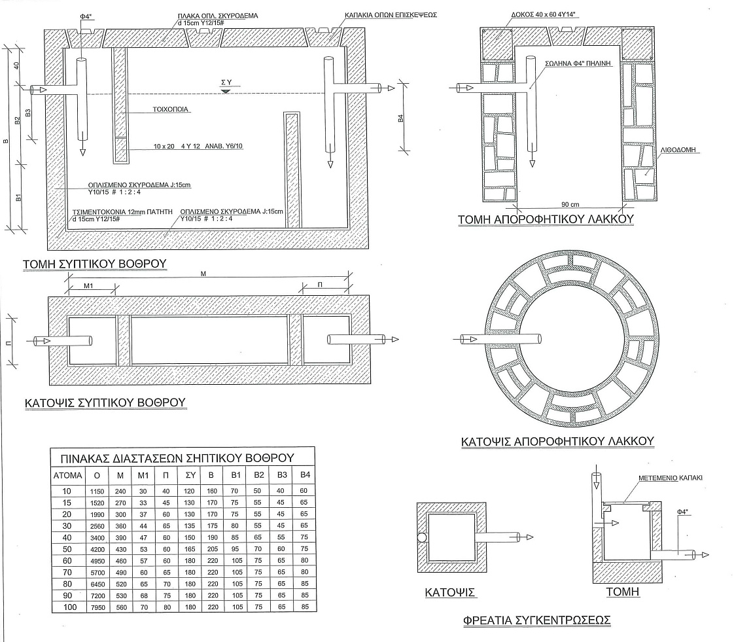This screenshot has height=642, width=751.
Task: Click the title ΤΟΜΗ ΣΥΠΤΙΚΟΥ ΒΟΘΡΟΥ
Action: [94, 264]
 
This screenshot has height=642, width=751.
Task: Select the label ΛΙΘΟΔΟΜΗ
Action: [678, 149]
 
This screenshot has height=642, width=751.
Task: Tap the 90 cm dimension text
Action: [570, 204]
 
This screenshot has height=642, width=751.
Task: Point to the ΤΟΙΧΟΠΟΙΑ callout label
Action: [171, 109]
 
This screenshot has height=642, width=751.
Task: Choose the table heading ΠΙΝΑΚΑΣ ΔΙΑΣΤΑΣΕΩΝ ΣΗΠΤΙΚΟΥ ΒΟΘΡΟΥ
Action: [177, 458]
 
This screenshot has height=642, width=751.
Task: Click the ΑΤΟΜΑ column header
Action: [67, 475]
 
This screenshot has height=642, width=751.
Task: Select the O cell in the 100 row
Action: [97, 607]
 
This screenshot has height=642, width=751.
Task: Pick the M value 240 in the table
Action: [120, 491]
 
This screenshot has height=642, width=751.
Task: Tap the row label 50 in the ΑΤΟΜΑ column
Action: [67, 548]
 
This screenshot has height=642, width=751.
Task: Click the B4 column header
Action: [305, 475]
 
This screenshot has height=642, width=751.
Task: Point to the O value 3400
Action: [97, 537]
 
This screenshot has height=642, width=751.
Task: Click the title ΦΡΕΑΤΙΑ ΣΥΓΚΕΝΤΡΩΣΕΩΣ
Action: [537, 620]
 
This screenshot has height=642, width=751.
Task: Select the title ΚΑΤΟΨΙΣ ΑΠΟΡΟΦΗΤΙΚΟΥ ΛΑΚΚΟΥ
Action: [557, 441]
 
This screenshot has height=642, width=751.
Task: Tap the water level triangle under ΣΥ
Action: [226, 91]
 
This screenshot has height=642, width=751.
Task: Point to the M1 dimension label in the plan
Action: [88, 286]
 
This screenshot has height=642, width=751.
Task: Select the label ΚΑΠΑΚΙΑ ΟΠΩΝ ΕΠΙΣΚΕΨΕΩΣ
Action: [391, 15]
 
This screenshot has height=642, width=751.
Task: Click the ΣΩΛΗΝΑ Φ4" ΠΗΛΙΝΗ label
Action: [578, 63]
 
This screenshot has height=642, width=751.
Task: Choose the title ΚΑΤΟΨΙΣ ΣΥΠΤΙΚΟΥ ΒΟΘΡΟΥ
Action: [105, 402]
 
